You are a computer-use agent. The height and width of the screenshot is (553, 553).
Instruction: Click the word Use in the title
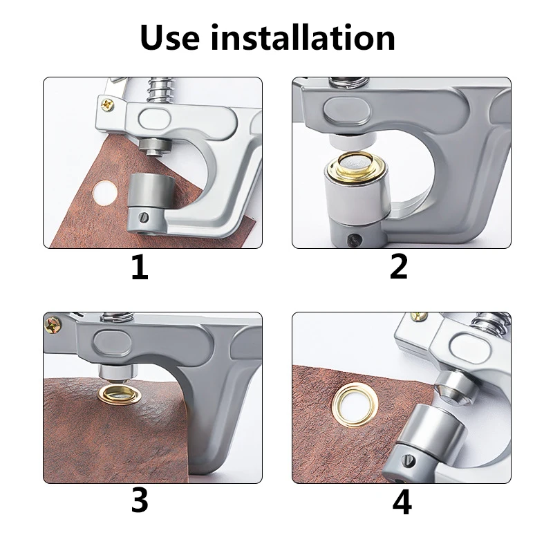pyautogui.click(x=169, y=37)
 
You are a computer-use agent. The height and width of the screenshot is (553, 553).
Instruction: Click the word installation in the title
pyautogui.click(x=302, y=37)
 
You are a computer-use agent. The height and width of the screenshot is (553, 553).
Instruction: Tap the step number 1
pyautogui.click(x=140, y=267)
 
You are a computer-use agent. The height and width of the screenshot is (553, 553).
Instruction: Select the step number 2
pyautogui.click(x=399, y=267)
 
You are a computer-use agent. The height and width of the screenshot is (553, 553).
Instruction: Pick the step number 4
pyautogui.click(x=402, y=502)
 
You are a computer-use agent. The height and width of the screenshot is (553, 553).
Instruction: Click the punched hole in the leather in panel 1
pyautogui.click(x=105, y=193)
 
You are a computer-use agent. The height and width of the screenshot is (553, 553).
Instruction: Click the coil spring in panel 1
pyautogui.click(x=160, y=90)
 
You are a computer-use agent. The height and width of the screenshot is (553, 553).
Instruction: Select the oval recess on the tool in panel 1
pyautogui.click(x=155, y=119)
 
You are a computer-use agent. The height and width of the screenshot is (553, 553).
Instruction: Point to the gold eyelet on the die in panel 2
pyautogui.click(x=357, y=166)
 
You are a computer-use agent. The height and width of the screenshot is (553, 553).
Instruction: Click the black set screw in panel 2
pyautogui.click(x=353, y=240)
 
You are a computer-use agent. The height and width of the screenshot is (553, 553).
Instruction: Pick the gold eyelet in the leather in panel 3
pyautogui.click(x=119, y=395)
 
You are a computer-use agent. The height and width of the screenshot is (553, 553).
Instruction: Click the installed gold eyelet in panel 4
pyautogui.click(x=355, y=404)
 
